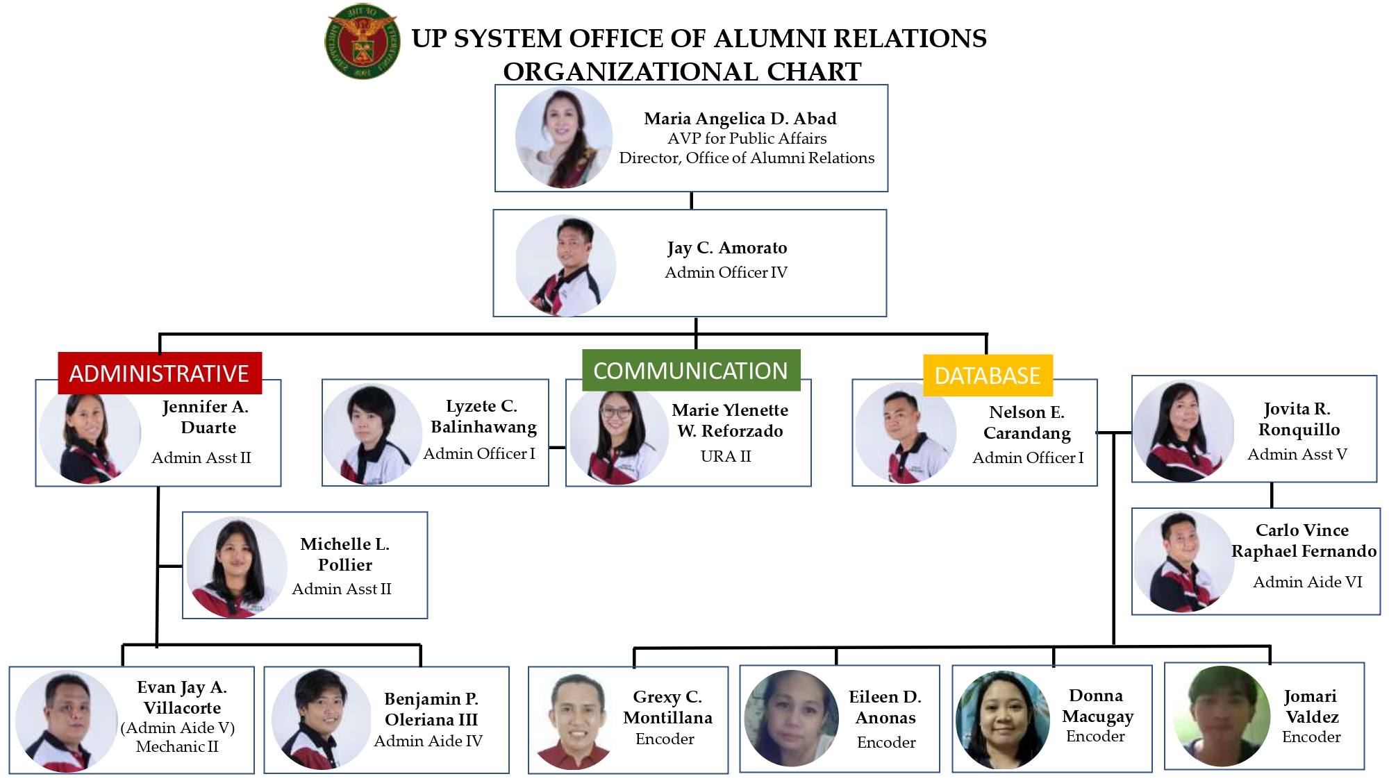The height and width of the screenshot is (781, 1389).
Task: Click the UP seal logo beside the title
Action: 362,42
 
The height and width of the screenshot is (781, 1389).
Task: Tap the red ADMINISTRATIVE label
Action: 159,373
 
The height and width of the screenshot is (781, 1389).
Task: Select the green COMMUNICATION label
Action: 690,371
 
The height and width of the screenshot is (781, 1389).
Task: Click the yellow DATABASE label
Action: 987,376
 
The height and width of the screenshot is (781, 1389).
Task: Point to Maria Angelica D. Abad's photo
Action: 564,137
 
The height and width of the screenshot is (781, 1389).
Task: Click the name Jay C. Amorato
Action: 726,248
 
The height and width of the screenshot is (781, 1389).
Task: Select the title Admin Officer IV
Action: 726,272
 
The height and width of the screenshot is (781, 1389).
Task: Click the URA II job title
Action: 726,456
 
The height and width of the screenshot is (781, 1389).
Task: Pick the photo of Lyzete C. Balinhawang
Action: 372,435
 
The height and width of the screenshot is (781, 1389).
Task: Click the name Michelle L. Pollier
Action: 344,554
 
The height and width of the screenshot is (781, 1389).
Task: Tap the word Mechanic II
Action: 177,746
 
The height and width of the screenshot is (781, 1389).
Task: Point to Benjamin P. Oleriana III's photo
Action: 320,719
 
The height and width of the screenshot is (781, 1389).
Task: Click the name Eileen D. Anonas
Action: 885,707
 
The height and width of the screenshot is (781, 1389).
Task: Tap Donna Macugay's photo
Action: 1002,719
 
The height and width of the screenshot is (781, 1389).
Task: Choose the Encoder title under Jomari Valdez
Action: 1311,737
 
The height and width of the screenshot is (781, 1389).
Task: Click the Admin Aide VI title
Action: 1307,582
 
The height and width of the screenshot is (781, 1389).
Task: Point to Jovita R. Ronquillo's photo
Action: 1183,431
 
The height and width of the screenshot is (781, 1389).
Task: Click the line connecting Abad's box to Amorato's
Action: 691,201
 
